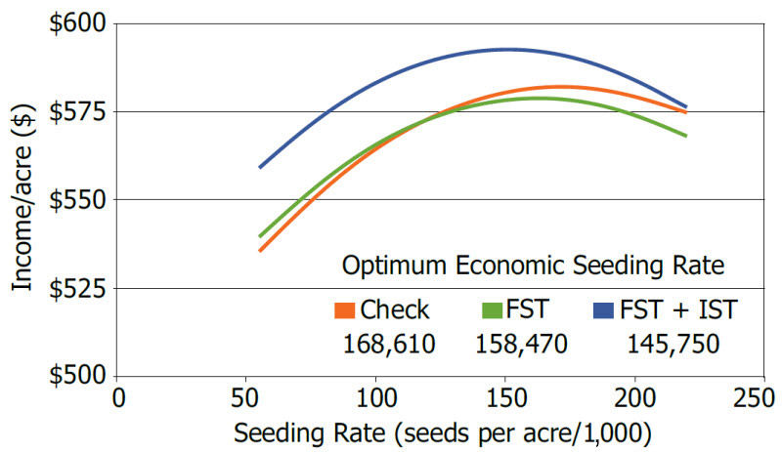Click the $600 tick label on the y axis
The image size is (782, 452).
point(75,23)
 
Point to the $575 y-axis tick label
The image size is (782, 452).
point(75,111)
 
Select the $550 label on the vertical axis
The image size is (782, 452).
point(75,200)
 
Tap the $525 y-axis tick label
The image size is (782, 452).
point(75,288)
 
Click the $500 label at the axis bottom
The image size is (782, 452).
point(75,376)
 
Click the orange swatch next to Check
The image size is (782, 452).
point(345,311)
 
